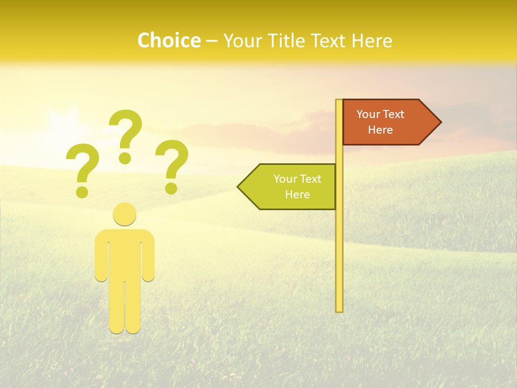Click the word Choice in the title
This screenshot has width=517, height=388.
(169, 41)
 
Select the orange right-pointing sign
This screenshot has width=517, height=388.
(385, 122)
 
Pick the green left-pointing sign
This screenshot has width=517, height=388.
(291, 186)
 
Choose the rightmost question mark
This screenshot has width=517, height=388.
(172, 164)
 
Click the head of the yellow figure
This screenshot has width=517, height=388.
(124, 214)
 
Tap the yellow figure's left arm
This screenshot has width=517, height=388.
(101, 259)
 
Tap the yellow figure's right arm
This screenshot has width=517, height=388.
(148, 259)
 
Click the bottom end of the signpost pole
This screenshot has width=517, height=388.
(339, 309)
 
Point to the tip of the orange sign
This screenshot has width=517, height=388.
(439, 122)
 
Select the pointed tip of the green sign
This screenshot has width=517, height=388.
(239, 186)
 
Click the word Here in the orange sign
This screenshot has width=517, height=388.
(380, 130)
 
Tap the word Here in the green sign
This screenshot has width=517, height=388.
(297, 195)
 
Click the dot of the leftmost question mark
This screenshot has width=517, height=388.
(82, 191)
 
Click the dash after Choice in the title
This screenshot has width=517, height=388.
(212, 41)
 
